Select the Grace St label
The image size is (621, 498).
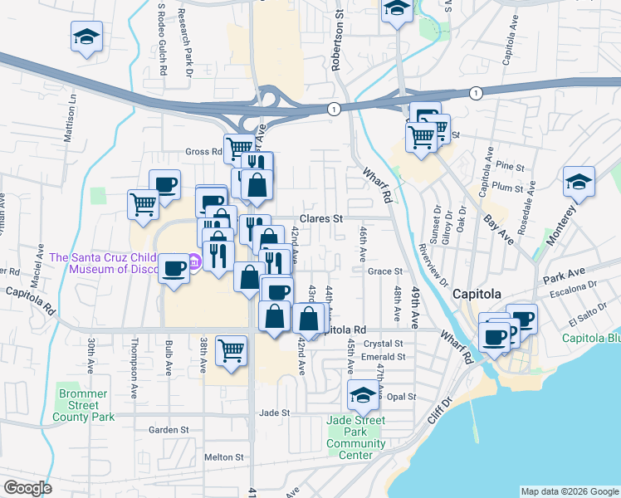[x=384, y=271]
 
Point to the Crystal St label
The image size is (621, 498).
[x=386, y=343]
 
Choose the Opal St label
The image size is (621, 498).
[x=401, y=397]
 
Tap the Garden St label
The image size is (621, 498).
[x=164, y=430]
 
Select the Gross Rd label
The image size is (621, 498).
[x=203, y=152]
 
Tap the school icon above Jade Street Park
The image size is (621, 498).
[x=364, y=396]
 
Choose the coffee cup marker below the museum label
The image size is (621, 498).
[x=174, y=269]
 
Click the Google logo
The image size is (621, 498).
[x=28, y=488]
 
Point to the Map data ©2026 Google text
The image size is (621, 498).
[x=569, y=491]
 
